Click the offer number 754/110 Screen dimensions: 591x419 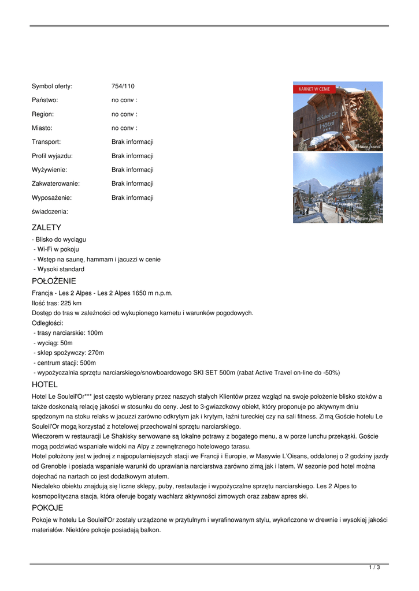coord(123,87)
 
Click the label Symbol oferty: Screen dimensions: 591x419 coord(52,87)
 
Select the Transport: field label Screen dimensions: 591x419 coord(46,142)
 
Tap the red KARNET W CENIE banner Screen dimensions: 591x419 coord(314,89)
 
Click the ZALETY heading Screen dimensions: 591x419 coord(46,227)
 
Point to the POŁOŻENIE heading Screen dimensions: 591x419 coord(54,281)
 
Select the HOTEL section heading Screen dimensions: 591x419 coord(45,384)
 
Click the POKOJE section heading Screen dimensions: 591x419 coord(47,508)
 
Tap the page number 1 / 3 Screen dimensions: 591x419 coord(374,568)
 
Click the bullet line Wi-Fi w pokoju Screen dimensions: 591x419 coord(58,249)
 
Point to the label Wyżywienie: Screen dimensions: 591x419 coord(49,170)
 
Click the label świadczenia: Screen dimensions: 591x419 coord(50,212)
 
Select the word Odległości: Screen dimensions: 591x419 coord(47,323)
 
